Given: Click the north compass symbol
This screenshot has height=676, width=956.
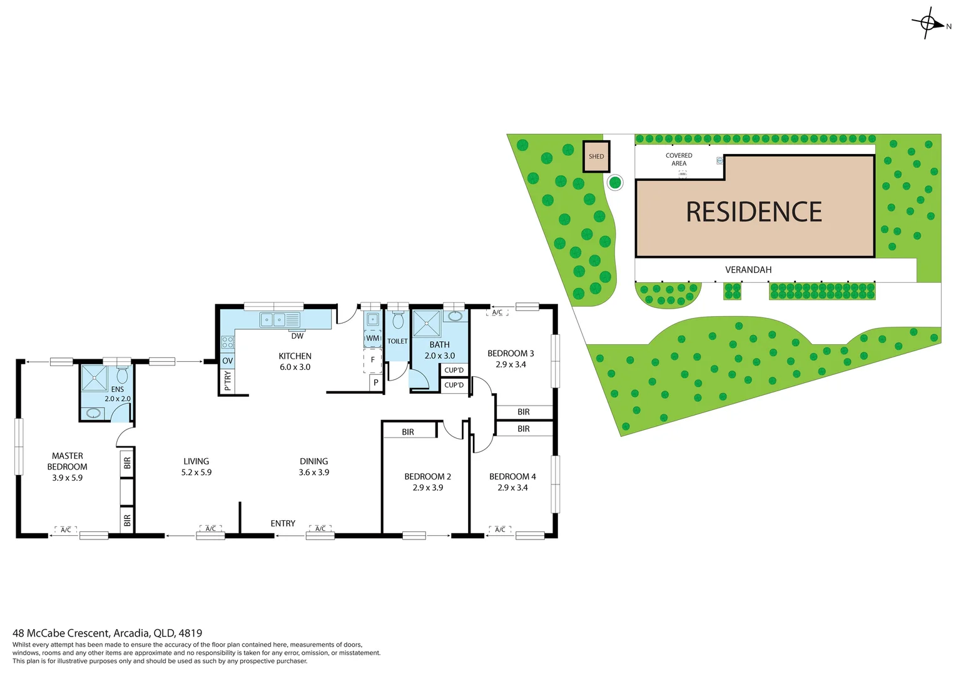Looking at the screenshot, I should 928,24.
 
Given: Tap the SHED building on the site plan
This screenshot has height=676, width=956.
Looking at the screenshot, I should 596,156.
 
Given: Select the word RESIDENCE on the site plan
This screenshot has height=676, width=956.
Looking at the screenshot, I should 754,212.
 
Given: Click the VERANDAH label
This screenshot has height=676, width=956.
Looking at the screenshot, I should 748,270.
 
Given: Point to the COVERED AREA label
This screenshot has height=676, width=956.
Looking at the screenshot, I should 679,160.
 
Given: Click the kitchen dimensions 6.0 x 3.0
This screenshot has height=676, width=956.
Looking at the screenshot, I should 295,367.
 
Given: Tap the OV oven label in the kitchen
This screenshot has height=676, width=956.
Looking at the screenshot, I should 228,361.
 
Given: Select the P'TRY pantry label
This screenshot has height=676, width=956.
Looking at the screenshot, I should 228,380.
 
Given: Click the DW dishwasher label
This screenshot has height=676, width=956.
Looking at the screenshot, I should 297,336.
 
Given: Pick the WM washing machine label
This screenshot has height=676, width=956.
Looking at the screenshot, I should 373,338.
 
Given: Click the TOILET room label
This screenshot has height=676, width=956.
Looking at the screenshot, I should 397,341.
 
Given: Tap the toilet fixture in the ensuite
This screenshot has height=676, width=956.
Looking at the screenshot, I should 122,375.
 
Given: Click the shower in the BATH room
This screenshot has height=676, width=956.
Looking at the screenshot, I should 427,324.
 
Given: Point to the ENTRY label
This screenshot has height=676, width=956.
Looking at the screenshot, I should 283,523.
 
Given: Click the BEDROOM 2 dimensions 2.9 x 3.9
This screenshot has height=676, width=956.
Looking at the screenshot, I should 428,488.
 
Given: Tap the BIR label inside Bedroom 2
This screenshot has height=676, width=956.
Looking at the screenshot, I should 408,432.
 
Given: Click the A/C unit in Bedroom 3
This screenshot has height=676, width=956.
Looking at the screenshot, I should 497,312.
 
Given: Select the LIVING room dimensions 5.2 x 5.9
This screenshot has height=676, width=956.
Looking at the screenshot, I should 196,473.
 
